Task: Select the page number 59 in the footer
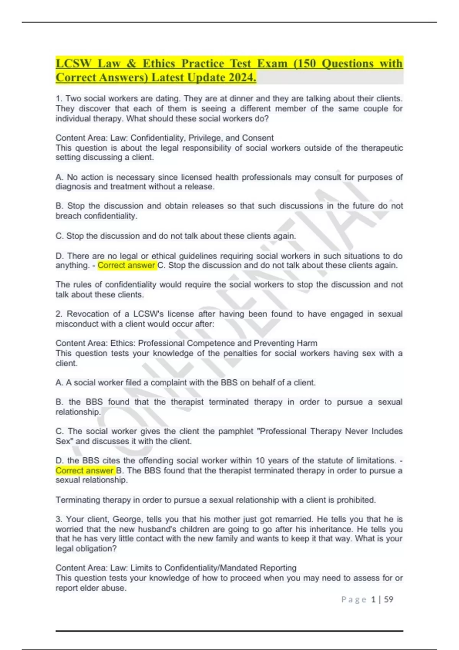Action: pos(389,600)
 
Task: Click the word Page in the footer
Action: pos(354,600)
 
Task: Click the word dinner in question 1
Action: pos(241,99)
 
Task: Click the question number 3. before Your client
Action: pos(59,519)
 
